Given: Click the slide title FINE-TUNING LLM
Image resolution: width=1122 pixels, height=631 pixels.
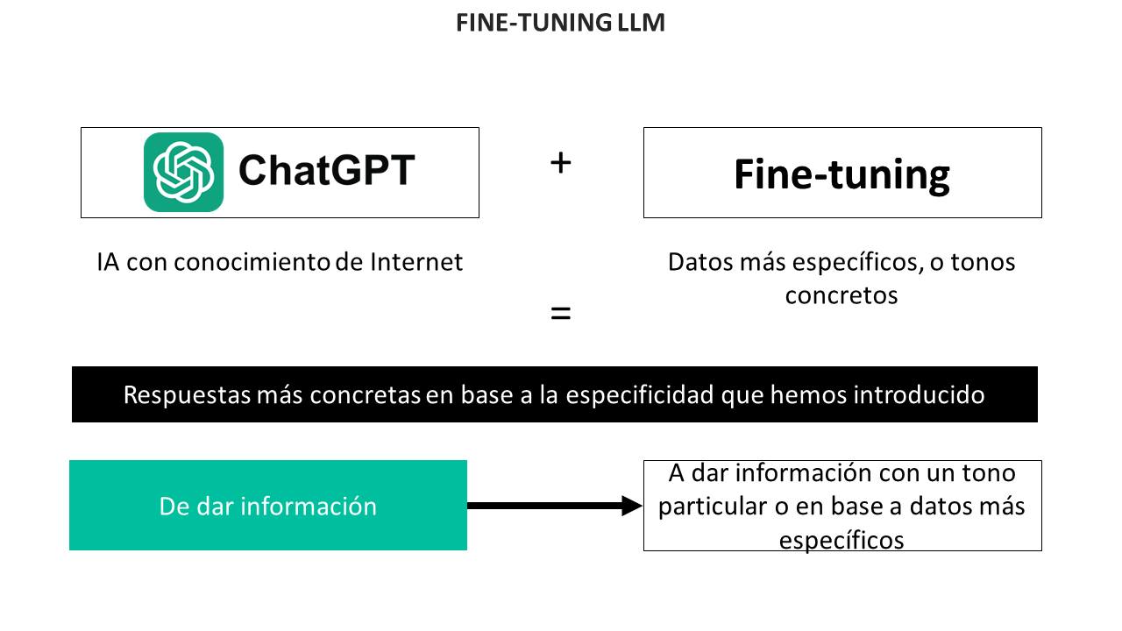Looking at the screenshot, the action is [x=560, y=23].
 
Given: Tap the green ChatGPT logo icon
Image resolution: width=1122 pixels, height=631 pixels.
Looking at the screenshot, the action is [x=183, y=172].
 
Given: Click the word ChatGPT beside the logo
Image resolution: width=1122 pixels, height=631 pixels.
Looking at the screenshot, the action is [x=327, y=170].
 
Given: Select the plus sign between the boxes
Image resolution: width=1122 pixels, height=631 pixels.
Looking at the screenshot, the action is [x=560, y=163].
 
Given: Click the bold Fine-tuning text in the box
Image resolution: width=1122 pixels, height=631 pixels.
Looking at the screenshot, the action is [x=842, y=174].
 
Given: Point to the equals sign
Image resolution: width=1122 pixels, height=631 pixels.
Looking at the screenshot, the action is [x=560, y=313].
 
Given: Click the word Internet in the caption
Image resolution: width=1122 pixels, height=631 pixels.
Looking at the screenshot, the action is [x=416, y=262].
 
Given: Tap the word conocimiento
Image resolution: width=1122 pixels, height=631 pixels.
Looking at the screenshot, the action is [x=252, y=262].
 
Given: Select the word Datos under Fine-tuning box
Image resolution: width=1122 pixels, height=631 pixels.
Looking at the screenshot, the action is [x=699, y=262].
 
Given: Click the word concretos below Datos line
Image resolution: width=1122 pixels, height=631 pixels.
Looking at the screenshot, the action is [x=841, y=295].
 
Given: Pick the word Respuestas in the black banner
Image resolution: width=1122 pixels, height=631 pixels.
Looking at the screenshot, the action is [x=187, y=395].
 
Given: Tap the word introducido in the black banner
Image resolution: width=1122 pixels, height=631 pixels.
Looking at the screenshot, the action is [x=920, y=394].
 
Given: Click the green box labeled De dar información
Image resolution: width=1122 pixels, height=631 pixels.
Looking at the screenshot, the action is [x=268, y=506].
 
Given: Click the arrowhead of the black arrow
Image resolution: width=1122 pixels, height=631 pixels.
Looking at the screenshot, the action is [x=632, y=506].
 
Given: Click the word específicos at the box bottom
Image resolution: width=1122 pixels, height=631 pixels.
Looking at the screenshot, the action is [x=841, y=541].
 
